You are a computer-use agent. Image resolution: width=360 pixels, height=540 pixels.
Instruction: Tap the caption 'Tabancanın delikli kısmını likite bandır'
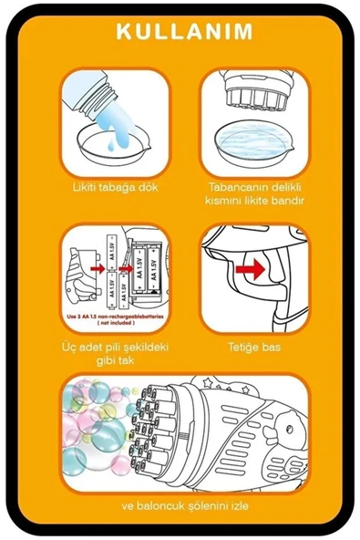(254, 192)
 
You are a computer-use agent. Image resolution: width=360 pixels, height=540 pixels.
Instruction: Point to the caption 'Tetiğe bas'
(254, 346)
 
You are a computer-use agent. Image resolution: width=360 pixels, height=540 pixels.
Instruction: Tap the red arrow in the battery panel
(98, 270)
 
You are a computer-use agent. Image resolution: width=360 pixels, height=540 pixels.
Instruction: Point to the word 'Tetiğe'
(242, 346)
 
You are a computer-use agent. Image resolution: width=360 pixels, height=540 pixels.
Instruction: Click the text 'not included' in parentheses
(115, 323)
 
